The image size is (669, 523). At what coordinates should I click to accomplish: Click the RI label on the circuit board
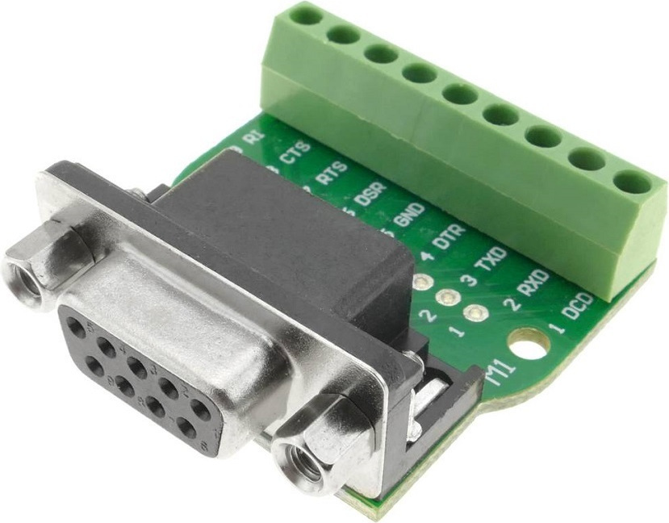click(253, 137)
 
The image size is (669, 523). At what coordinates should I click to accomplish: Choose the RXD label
click(529, 284)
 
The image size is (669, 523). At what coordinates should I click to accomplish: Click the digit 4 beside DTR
click(426, 257)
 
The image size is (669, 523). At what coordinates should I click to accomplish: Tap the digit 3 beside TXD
click(466, 280)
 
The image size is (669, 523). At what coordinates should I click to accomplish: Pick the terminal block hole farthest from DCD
click(305, 14)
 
